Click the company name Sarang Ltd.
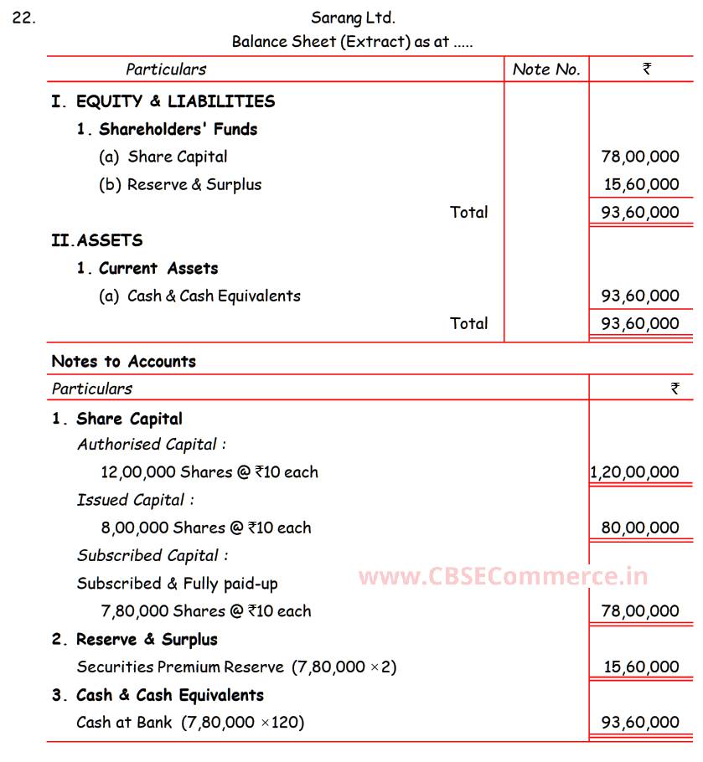point(353,17)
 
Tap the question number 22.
point(23,17)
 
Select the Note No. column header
point(546,70)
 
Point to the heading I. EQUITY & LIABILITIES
point(163,101)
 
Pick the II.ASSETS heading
point(96,240)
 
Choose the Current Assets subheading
point(147,268)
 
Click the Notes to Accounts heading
point(123,362)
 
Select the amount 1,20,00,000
point(634,472)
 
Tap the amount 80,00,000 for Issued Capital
point(640,528)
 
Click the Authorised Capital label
point(152,445)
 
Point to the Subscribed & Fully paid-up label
point(177,584)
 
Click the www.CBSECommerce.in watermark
point(503,576)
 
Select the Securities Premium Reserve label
point(180,667)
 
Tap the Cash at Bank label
point(124,722)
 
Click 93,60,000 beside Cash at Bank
point(640,722)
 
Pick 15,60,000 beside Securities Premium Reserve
point(641,667)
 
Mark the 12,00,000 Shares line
point(209,472)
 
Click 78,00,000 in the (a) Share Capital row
point(640,157)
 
